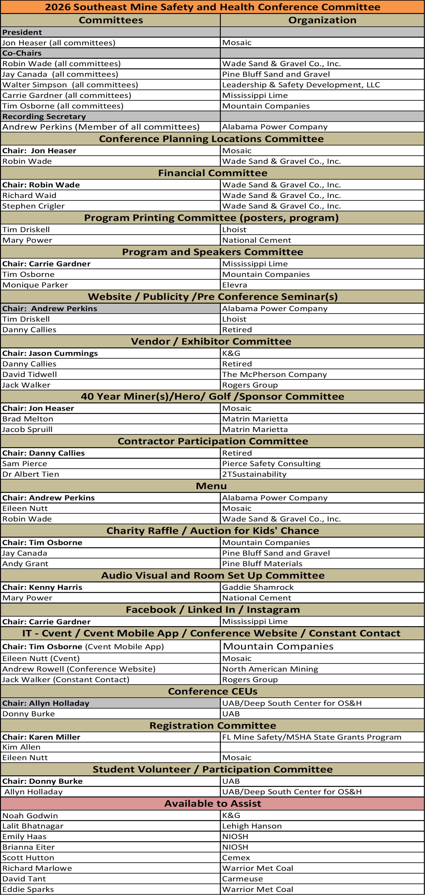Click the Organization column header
(x=322, y=20)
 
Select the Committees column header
(x=111, y=20)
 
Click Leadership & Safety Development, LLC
(x=301, y=85)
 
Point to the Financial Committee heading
(x=213, y=173)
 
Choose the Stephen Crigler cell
(x=33, y=206)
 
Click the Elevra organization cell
(x=235, y=285)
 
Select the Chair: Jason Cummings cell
(x=50, y=353)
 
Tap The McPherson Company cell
(x=274, y=375)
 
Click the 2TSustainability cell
(x=254, y=474)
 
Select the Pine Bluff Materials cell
(x=262, y=564)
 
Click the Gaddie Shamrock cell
(x=258, y=587)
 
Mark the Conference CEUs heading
(x=213, y=691)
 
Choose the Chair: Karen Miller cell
(x=41, y=737)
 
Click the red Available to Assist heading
(x=213, y=804)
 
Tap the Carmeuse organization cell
(x=242, y=879)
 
